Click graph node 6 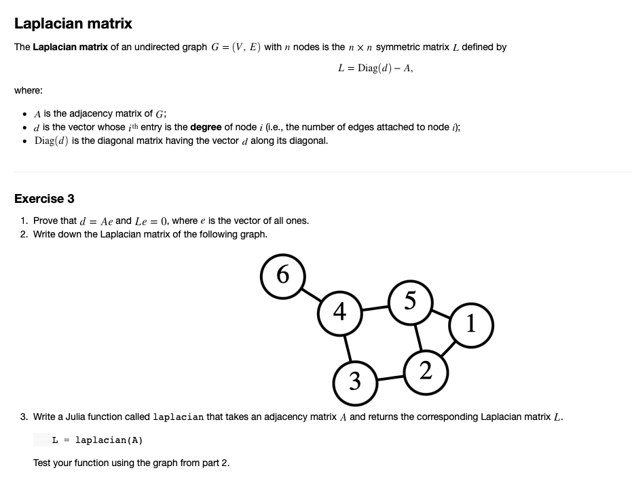point(283,275)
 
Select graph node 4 point(341,312)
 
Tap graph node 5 point(410,301)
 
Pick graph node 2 point(426,371)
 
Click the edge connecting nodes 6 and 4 point(312,294)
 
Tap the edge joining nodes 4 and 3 point(348,347)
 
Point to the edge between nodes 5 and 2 point(418,337)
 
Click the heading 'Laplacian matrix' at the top point(73,24)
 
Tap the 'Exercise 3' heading point(44,199)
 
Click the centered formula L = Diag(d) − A point(375,68)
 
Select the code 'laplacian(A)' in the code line point(109,440)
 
